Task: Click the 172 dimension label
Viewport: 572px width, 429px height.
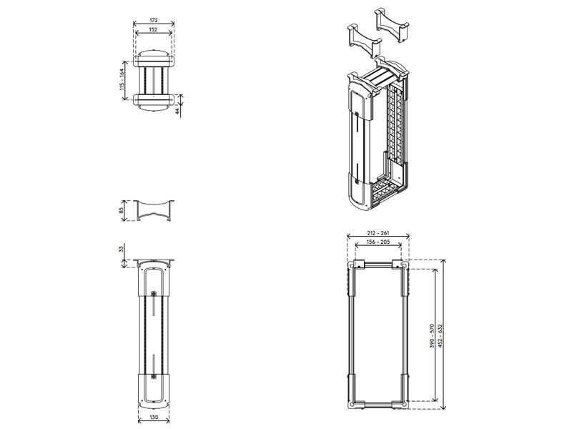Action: [x=153, y=21]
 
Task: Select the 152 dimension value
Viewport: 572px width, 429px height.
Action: [x=153, y=29]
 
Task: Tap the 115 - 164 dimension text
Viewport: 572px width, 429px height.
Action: [x=122, y=79]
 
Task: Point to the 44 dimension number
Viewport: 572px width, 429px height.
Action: [x=177, y=112]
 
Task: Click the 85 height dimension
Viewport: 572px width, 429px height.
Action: [x=122, y=210]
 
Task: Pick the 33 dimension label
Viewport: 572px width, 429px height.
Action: [x=122, y=249]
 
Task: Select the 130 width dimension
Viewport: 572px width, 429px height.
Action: [x=154, y=417]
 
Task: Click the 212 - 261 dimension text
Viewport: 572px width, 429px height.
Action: [x=378, y=233]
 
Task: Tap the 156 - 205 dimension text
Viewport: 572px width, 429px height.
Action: [x=378, y=242]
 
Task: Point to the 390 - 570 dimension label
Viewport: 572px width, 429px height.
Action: [x=432, y=335]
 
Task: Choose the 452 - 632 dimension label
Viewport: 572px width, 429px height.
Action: [x=440, y=335]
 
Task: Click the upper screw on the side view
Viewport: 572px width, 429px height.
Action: [x=154, y=293]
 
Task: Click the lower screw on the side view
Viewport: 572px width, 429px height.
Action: [x=154, y=377]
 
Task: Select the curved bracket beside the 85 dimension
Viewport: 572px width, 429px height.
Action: [x=154, y=210]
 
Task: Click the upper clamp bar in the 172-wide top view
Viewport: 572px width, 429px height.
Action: [x=154, y=61]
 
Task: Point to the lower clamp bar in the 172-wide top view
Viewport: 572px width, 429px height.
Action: [x=154, y=99]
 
